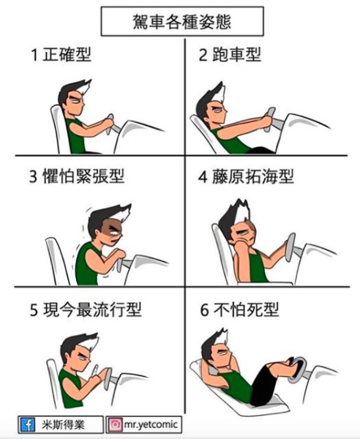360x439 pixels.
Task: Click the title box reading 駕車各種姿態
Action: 182,21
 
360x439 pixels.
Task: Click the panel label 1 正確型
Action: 61,54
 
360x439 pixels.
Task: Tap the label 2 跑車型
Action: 230,54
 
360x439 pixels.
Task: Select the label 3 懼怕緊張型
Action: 77,176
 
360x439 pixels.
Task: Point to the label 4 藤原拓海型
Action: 246,176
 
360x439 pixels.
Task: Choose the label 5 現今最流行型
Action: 86,309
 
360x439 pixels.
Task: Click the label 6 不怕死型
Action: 239,309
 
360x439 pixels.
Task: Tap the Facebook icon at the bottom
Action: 28,424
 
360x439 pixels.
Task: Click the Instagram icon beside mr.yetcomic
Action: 115,424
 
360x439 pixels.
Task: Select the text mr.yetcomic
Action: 151,424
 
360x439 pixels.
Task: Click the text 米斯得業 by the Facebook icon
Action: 63,424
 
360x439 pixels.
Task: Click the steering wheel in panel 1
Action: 110,124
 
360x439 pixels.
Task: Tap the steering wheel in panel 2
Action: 269,120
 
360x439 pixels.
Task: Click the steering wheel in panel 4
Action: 290,247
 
